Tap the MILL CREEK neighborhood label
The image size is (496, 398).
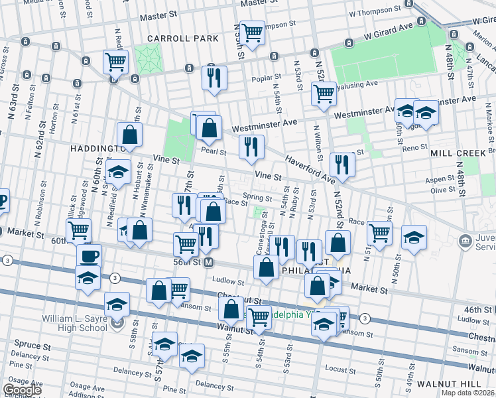[x=467, y=153]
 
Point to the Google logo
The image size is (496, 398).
[x=22, y=391]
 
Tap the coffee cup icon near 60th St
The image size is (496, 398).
[x=88, y=255]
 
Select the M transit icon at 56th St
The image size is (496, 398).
[x=208, y=263]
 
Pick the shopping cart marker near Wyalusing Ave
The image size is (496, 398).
[x=324, y=94]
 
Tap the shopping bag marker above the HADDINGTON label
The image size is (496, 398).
[x=130, y=134]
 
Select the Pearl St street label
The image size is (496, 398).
[x=214, y=152]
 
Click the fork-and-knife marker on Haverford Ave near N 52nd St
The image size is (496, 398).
[x=341, y=164]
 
